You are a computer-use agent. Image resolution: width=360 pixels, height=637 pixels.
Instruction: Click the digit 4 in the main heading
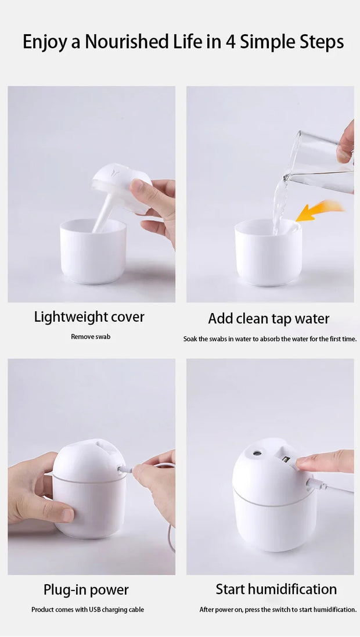(230, 42)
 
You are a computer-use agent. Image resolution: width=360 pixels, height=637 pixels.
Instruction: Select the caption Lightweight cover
(89, 317)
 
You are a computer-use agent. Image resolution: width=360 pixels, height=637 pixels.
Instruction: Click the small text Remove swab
(91, 337)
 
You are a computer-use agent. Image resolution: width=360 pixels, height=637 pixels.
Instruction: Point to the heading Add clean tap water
(268, 319)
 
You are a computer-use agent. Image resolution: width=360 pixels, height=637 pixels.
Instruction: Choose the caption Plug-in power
(86, 590)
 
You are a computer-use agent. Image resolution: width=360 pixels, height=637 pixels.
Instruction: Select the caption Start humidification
(276, 589)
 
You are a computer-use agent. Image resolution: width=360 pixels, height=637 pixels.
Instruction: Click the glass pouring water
(322, 160)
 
